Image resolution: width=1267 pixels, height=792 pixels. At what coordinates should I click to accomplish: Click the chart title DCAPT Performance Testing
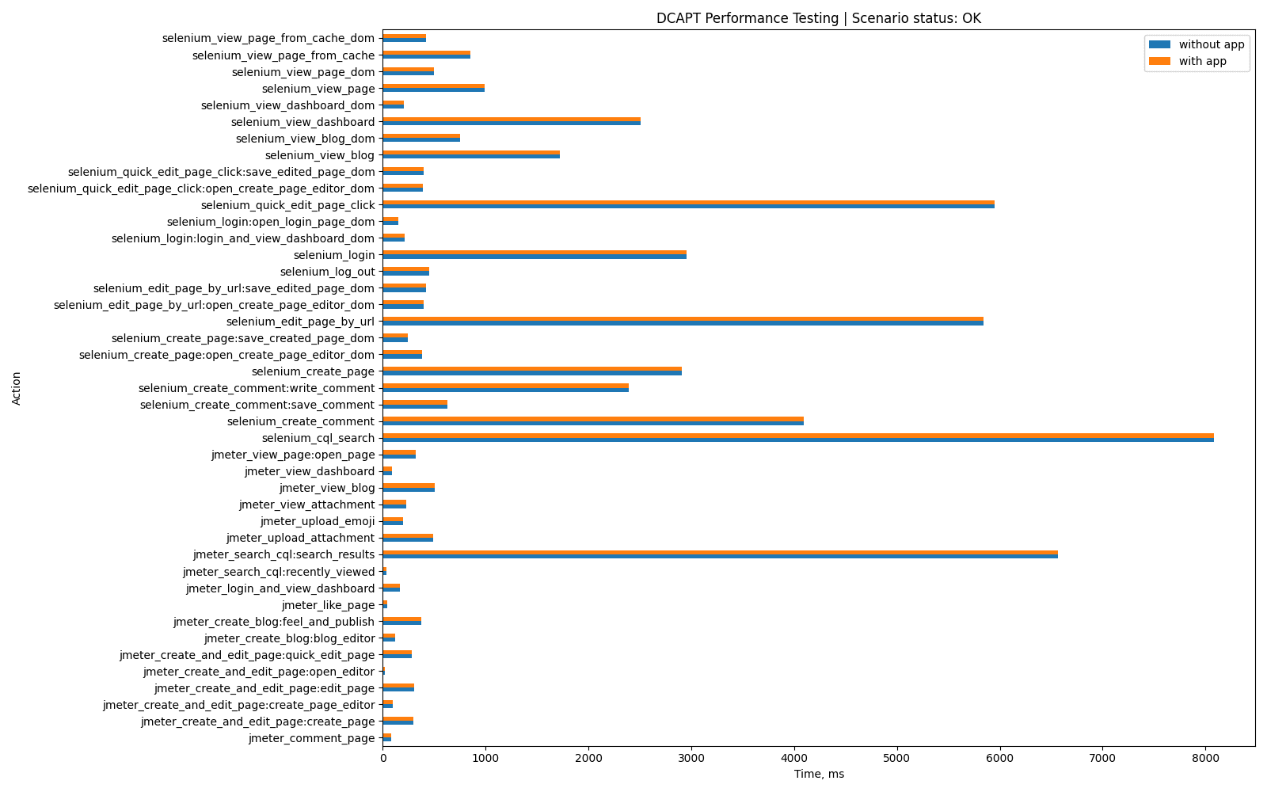pyautogui.click(x=818, y=18)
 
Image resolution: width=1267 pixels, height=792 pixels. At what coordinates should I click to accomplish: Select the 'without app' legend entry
pyautogui.click(x=1211, y=44)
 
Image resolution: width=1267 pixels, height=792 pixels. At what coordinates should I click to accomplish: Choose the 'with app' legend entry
pyautogui.click(x=1202, y=61)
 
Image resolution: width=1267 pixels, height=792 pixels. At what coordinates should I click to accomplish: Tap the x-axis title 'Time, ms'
pyautogui.click(x=819, y=774)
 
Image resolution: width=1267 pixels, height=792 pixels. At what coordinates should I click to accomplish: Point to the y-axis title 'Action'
pyautogui.click(x=17, y=388)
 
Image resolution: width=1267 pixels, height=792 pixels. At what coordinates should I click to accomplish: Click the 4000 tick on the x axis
pyautogui.click(x=794, y=758)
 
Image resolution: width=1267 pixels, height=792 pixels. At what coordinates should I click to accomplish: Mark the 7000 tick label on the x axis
pyautogui.click(x=1103, y=758)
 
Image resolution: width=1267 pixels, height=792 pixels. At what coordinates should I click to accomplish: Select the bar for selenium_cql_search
pyautogui.click(x=797, y=438)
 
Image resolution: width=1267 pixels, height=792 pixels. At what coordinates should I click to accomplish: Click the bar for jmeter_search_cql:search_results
pyautogui.click(x=720, y=554)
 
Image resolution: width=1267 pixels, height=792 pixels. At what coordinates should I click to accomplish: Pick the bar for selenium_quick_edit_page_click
pyautogui.click(x=688, y=205)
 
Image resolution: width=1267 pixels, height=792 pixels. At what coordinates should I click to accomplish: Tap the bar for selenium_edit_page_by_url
pyautogui.click(x=683, y=322)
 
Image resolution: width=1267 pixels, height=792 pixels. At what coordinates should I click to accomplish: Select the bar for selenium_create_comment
pyautogui.click(x=592, y=421)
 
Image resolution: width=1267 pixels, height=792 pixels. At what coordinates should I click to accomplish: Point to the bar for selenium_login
pyautogui.click(x=534, y=255)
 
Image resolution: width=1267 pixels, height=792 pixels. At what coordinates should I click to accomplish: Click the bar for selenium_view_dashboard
pyautogui.click(x=511, y=122)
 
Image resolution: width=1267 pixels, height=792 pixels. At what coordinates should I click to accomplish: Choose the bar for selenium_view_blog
pyautogui.click(x=470, y=155)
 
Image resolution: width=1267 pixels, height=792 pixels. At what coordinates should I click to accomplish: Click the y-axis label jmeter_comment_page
pyautogui.click(x=311, y=738)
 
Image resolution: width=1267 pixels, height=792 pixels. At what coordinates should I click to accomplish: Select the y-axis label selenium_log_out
pyautogui.click(x=327, y=272)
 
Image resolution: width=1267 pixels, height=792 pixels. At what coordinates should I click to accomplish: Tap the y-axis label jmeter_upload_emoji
pyautogui.click(x=317, y=521)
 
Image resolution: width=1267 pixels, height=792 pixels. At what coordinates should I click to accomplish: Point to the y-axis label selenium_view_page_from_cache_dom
pyautogui.click(x=268, y=38)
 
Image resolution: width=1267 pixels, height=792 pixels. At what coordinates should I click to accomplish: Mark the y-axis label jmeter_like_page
pyautogui.click(x=328, y=605)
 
